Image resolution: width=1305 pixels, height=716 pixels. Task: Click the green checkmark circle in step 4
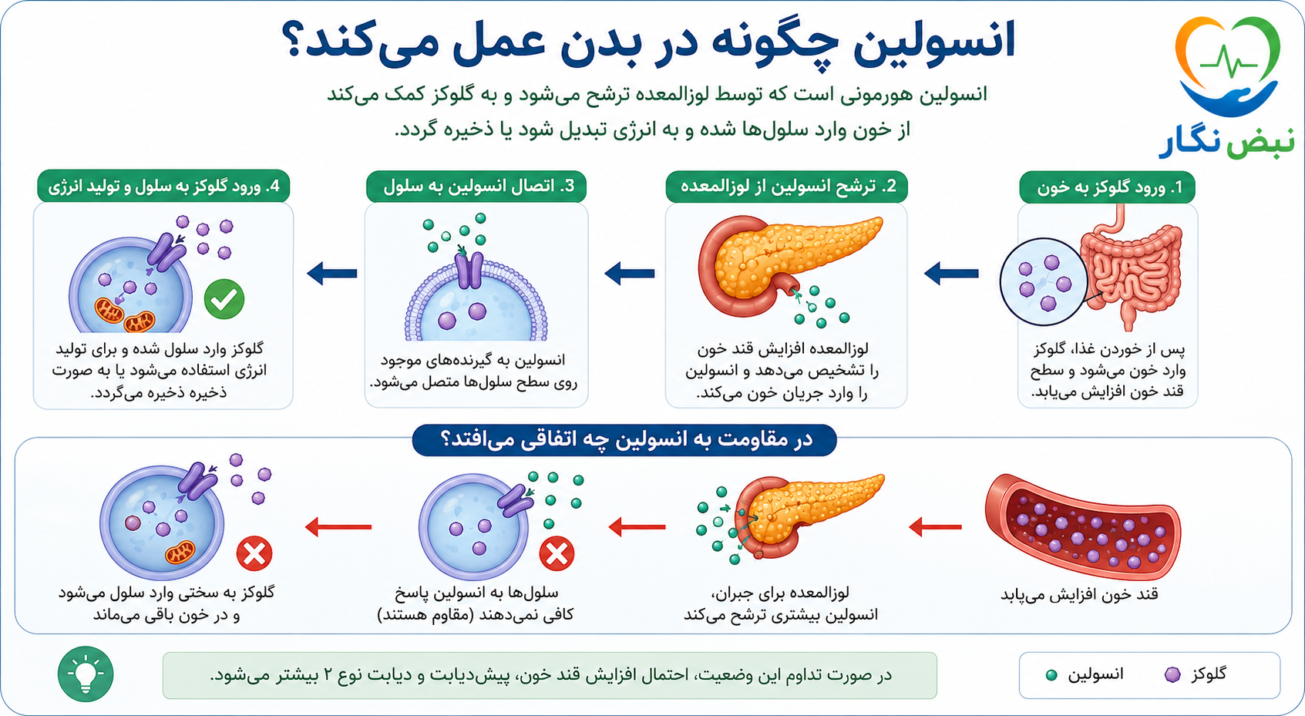pyautogui.click(x=224, y=300)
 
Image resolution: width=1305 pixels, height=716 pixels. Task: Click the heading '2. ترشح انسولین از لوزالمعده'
pyautogui.click(x=786, y=187)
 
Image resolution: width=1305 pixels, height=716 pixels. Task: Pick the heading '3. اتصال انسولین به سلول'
pyautogui.click(x=476, y=187)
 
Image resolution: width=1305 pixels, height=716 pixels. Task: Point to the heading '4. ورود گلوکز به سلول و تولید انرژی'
pyautogui.click(x=163, y=187)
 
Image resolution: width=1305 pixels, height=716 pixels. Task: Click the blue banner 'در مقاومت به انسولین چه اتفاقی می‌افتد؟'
pyautogui.click(x=624, y=440)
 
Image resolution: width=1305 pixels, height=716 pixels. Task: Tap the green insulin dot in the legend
pyautogui.click(x=1051, y=675)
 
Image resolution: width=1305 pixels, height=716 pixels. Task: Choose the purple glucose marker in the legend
pyautogui.click(x=1172, y=674)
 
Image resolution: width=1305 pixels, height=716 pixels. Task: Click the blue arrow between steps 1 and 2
pyautogui.click(x=951, y=274)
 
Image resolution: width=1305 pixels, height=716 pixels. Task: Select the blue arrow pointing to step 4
pyautogui.click(x=331, y=274)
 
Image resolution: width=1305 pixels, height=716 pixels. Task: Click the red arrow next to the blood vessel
pyautogui.click(x=935, y=527)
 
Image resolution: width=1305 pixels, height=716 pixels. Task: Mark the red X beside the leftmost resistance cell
pyautogui.click(x=254, y=553)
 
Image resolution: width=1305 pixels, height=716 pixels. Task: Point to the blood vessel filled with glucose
pyautogui.click(x=1082, y=527)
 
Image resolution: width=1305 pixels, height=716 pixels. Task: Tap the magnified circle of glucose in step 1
pyautogui.click(x=1044, y=282)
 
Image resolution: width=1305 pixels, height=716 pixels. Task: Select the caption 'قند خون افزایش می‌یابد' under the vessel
pyautogui.click(x=1079, y=595)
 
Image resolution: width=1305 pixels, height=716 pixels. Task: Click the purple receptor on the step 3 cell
pyautogui.click(x=469, y=271)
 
